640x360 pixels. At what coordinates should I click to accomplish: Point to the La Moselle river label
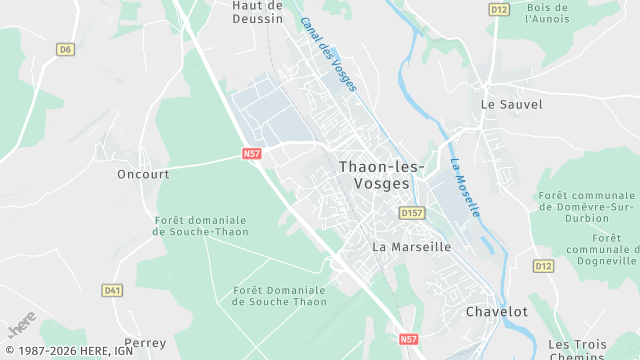point(465,188)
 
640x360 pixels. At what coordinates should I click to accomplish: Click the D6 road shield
point(65,48)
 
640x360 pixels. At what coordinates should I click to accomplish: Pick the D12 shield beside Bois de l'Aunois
point(500,9)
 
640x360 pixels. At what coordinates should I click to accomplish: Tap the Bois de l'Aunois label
point(547,14)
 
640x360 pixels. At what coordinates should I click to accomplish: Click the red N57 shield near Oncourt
point(251,154)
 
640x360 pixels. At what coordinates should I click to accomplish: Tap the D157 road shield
point(411,213)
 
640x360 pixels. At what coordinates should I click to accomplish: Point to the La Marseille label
point(411,246)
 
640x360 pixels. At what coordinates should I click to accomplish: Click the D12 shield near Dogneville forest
point(543,266)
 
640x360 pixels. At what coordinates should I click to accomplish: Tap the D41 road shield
point(112,290)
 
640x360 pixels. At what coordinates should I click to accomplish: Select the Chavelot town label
point(497,312)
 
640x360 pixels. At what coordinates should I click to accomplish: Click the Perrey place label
point(145,342)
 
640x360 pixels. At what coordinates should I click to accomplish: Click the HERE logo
point(21,326)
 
